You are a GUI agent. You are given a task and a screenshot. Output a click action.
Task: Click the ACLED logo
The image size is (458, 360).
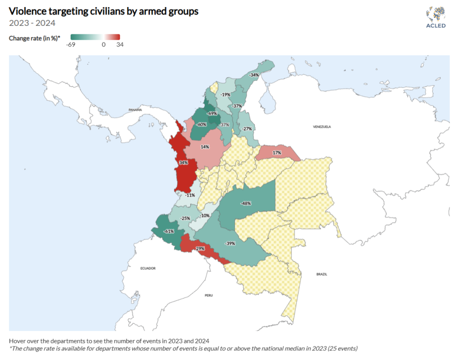pos(435,18)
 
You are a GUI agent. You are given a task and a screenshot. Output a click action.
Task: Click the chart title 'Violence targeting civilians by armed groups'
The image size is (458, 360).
pos(103,11)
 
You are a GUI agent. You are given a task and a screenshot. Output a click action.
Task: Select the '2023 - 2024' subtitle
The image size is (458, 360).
pos(32,23)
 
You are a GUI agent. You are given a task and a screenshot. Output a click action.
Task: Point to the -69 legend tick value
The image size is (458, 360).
pos(70,45)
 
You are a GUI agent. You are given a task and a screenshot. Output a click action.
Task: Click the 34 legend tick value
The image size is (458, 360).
pos(120,45)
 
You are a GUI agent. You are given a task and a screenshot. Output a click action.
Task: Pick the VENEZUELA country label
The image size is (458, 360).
pos(321,126)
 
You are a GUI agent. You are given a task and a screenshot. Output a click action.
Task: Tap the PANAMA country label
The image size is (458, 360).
pos(135,110)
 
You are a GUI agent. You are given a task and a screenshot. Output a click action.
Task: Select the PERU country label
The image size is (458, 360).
pos(209,296)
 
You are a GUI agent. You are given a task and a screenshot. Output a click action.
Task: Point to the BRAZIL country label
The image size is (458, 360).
pos(322,274)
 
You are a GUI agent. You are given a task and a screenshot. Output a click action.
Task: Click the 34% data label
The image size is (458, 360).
pos(183,163)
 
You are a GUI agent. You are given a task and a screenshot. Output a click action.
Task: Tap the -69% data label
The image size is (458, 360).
pos(212,114)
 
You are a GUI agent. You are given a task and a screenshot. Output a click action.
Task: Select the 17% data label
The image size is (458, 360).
pos(277,153)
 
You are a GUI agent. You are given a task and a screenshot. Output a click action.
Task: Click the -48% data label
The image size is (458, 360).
pos(246,203)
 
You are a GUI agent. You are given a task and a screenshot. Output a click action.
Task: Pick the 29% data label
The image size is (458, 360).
pos(200,248)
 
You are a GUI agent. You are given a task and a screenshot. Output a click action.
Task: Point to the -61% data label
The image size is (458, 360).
pos(169,231)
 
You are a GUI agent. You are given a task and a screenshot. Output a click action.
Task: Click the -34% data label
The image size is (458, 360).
pos(254,75)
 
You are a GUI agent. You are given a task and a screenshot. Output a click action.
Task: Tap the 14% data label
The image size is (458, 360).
pos(205,147)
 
